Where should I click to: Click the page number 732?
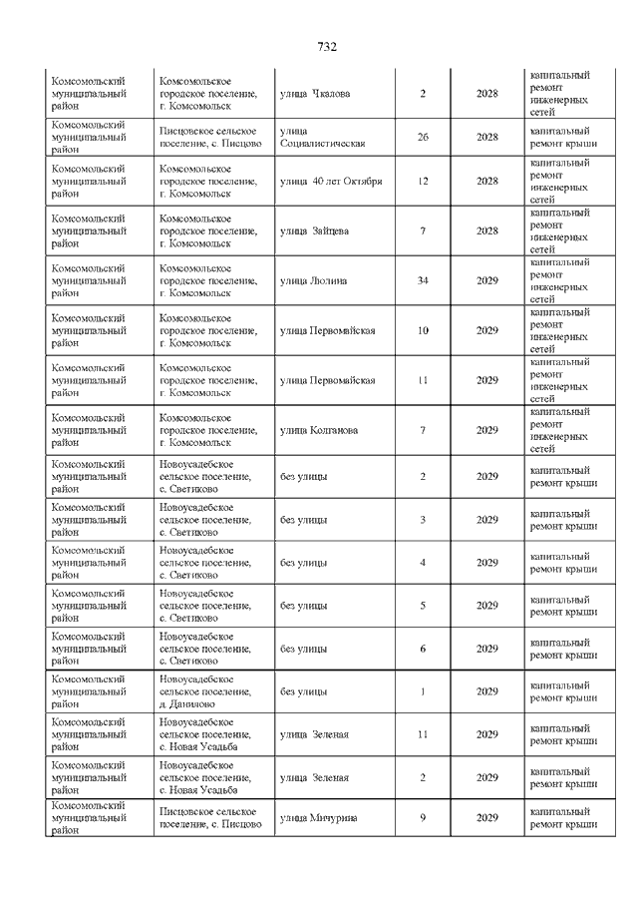(327, 47)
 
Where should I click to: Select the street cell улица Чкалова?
(315, 95)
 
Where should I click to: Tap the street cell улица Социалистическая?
(323, 137)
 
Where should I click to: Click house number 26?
(423, 137)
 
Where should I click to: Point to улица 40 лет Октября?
(331, 182)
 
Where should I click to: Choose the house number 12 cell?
(423, 182)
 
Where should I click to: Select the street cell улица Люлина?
(314, 281)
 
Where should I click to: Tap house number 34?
(423, 281)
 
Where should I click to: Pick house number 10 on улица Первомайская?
(423, 330)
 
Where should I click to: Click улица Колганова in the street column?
(319, 430)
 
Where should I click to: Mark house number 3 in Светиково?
(423, 520)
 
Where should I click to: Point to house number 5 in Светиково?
(423, 606)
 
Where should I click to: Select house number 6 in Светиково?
(423, 650)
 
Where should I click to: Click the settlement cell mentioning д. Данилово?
(205, 691)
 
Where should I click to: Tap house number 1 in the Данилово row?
(423, 691)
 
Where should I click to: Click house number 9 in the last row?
(423, 818)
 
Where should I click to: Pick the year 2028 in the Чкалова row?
(486, 95)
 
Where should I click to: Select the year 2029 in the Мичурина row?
(486, 818)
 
